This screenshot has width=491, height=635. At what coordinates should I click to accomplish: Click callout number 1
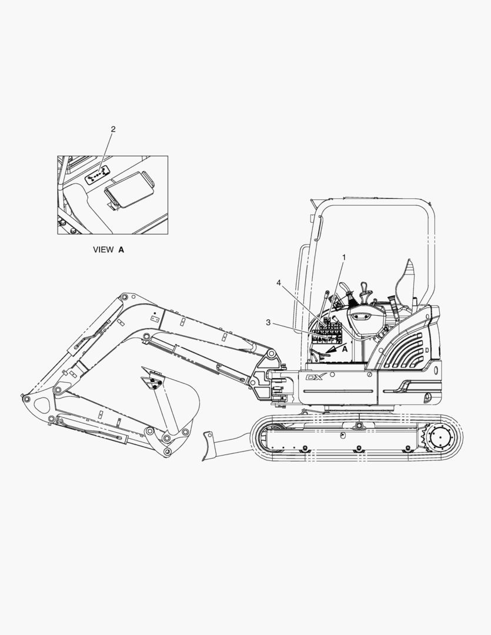click(x=345, y=257)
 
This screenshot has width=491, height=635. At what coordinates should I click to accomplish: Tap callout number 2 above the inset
click(x=113, y=129)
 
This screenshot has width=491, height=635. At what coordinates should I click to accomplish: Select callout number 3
click(x=268, y=322)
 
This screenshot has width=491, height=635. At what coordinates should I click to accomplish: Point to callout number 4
click(x=279, y=282)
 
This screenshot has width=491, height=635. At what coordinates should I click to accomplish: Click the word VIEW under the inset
click(x=103, y=250)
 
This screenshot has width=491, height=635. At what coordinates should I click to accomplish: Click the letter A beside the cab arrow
click(x=345, y=348)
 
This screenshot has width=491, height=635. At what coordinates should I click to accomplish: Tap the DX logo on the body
click(x=316, y=377)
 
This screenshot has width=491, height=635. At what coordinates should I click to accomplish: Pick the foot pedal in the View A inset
click(x=129, y=190)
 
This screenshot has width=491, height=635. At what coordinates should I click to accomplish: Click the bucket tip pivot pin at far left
click(x=26, y=399)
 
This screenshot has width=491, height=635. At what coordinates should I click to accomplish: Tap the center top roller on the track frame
click(x=358, y=425)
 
